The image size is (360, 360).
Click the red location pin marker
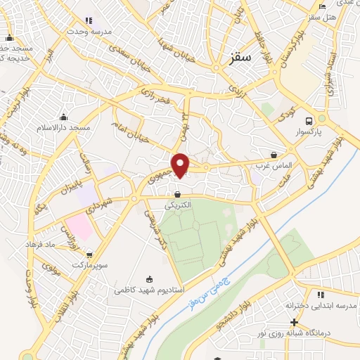click(181, 164)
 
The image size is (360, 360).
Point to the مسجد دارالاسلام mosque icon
click(64, 117)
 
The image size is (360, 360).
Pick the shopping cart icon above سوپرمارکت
click(89, 255)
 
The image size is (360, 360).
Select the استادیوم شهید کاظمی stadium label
click(148, 289)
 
